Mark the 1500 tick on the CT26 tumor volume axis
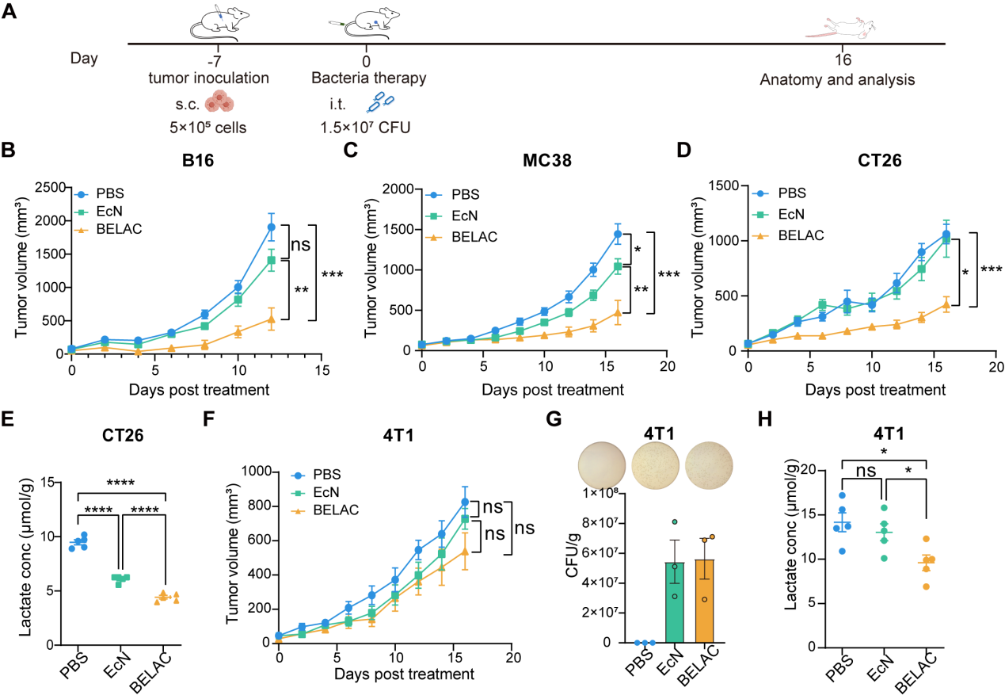coord(725,185)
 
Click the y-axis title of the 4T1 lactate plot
coord(791,559)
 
